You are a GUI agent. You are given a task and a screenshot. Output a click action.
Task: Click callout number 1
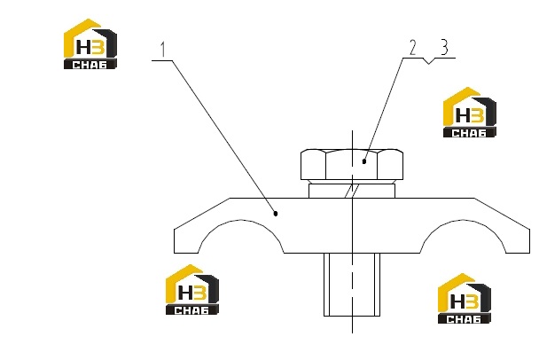[163, 49]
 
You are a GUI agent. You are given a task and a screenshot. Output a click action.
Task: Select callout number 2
[413, 47]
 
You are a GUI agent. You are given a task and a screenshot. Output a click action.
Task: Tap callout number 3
[444, 47]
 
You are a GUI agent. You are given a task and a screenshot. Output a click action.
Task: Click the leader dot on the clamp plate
[276, 214]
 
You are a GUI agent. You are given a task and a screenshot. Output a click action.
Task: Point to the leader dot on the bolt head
[364, 161]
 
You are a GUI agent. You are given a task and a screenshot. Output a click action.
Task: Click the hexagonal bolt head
[352, 164]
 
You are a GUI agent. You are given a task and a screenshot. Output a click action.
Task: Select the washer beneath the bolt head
[352, 191]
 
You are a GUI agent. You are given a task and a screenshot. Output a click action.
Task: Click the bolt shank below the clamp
[352, 285]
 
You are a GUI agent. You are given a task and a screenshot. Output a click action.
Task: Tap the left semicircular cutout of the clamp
[240, 221]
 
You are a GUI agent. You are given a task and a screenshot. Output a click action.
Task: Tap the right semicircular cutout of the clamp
[463, 221]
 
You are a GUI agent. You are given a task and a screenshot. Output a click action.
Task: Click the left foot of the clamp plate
[186, 241]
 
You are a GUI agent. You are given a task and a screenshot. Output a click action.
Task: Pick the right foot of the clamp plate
[518, 241]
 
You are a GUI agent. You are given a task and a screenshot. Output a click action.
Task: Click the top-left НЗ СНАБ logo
[90, 43]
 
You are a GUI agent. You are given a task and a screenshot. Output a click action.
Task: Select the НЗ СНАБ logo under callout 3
[470, 113]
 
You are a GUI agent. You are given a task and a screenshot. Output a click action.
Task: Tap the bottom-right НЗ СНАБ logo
[464, 299]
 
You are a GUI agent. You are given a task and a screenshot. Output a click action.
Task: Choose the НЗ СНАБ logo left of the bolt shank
[191, 290]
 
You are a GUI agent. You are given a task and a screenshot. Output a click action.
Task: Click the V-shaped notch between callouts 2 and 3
[428, 61]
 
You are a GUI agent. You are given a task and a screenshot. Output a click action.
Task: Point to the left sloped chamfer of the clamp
[202, 213]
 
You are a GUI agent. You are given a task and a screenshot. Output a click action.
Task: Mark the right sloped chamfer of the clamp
[503, 213]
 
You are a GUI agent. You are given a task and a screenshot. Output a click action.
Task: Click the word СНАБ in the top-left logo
[90, 65]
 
